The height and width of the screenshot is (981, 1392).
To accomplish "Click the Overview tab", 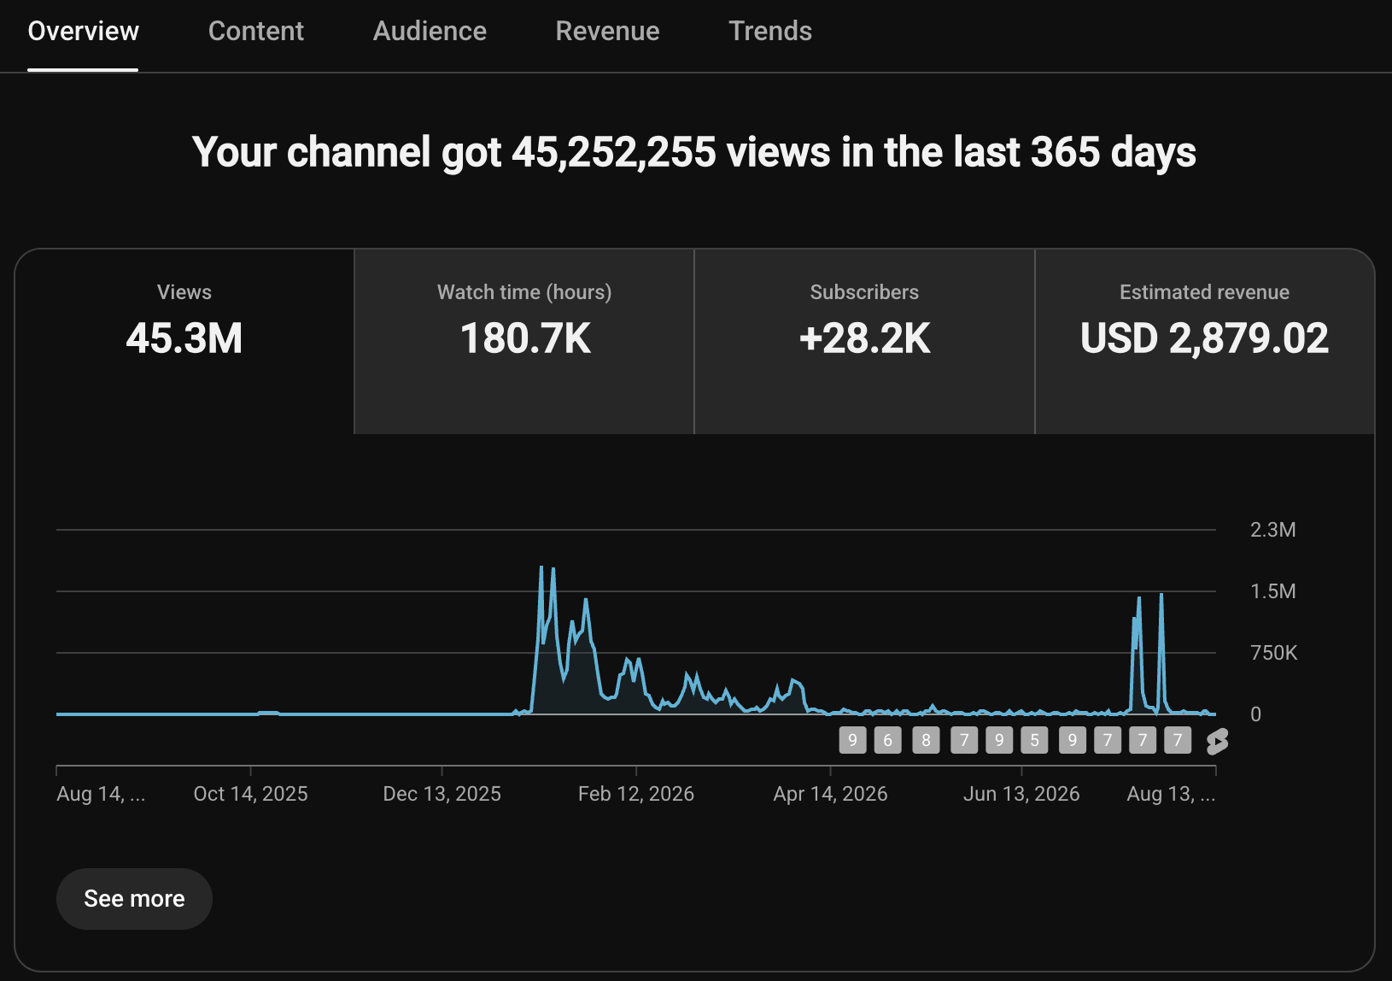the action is pos(84,31).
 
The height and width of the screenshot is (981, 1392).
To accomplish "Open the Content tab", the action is pos(256,31).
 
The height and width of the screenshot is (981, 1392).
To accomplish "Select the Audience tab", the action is pos(430,31).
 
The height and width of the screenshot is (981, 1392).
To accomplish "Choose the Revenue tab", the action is pos(607,31).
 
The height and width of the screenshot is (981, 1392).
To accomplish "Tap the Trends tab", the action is pos(770,31).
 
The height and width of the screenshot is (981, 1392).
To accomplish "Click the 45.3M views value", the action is pos(184,338).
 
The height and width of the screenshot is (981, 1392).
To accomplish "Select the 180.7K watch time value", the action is pos(525,338).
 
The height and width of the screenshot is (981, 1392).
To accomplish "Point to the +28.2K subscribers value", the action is pos(864,338).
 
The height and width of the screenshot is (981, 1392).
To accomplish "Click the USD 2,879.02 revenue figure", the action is pos(1204,338).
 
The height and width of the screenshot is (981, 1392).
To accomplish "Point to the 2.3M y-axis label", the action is pos(1272,530).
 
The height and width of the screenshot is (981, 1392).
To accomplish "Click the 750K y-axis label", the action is pos(1273,653).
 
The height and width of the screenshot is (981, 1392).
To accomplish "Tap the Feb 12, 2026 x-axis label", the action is pos(635,794).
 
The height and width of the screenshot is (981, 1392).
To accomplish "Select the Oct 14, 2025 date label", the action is pos(250,794).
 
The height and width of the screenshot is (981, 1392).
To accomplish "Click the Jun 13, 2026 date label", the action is pos(1021,794).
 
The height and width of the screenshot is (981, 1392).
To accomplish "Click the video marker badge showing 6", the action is pos(887,740).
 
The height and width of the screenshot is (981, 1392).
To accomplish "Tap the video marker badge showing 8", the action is pos(926,740).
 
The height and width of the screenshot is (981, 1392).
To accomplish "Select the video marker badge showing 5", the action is pos(1034,740).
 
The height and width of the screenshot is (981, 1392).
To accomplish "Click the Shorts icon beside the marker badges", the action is pos(1217,741).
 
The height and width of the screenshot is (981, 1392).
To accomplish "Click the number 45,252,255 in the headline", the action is pos(613,152).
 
